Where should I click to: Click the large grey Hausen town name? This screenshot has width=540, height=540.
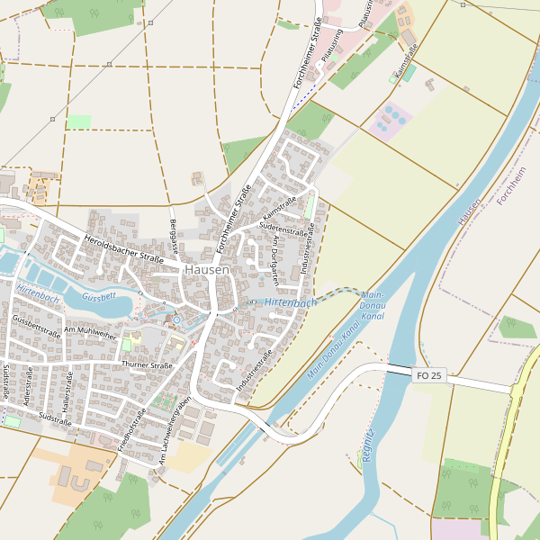[x=206, y=269]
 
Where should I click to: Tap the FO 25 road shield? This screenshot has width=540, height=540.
[x=429, y=374]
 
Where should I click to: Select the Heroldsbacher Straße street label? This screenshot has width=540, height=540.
[x=123, y=250]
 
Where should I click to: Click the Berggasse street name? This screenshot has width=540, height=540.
[x=172, y=235]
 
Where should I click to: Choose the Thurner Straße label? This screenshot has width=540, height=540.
[x=146, y=365]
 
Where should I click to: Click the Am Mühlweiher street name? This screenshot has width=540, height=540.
[x=90, y=333]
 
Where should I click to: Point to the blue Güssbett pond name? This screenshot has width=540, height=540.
[x=98, y=296]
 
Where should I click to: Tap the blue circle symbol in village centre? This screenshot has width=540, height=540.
[x=177, y=319]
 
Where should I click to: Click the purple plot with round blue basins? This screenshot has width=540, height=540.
[x=390, y=120]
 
